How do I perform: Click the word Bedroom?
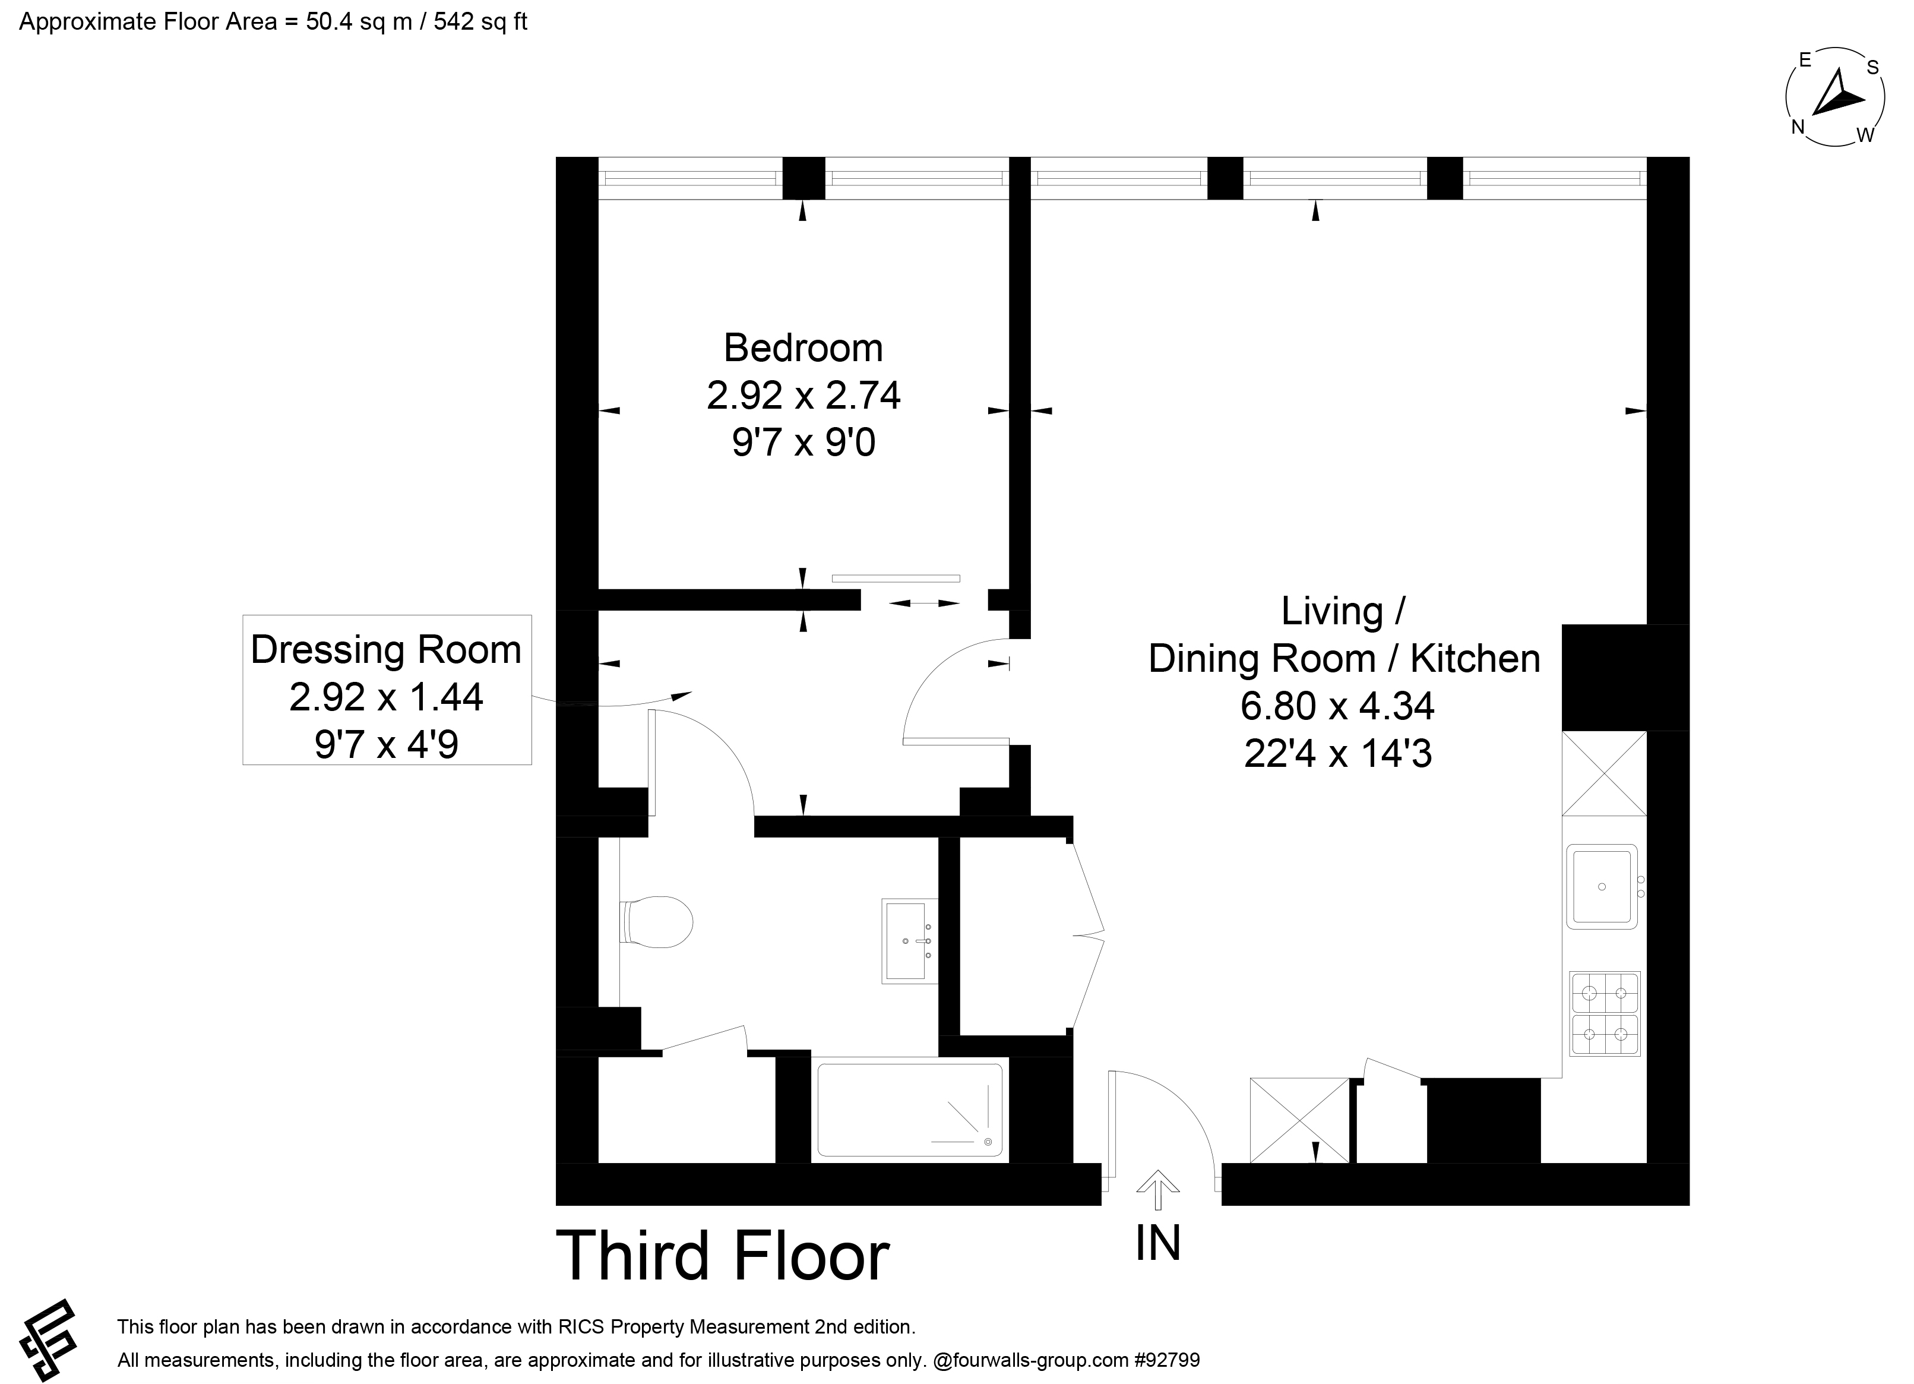(803, 347)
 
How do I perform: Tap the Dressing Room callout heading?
(387, 650)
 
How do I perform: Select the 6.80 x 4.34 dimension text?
(1337, 706)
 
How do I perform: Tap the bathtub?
(910, 1110)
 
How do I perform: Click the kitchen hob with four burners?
(1605, 1013)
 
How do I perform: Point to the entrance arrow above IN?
(1158, 1190)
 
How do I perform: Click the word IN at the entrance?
(1158, 1243)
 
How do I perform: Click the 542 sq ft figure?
(481, 22)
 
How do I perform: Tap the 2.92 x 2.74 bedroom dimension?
(803, 395)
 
